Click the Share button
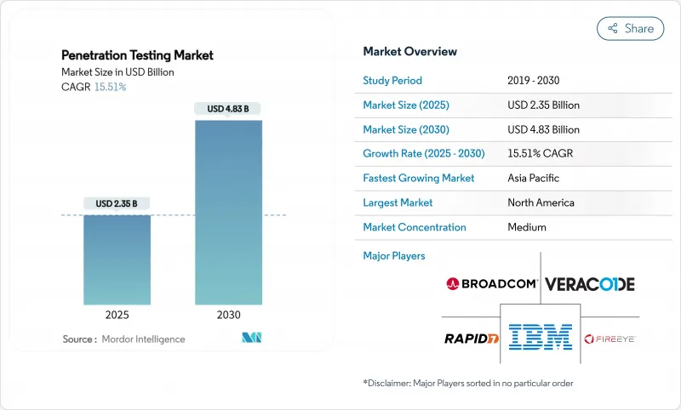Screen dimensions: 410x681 tap(630, 28)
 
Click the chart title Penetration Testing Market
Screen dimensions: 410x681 tap(137, 55)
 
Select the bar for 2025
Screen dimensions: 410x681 tap(117, 260)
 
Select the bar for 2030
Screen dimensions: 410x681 tap(228, 213)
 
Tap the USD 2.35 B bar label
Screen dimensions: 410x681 tap(117, 203)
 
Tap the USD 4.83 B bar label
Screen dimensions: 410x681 tap(228, 109)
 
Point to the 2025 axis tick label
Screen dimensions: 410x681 tap(117, 316)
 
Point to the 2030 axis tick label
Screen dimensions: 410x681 tap(228, 316)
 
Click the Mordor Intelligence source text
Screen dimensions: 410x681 tap(144, 339)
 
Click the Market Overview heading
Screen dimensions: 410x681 tap(409, 52)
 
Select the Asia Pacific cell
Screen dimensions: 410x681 tap(535, 179)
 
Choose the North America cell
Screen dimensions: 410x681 tap(541, 203)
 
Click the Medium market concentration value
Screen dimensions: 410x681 tap(526, 227)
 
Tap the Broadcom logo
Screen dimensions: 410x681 tap(491, 284)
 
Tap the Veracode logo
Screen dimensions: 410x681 tap(589, 284)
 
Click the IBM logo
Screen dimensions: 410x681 tap(541, 337)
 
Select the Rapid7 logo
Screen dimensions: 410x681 tap(471, 339)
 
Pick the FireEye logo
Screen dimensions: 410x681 tap(610, 339)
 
